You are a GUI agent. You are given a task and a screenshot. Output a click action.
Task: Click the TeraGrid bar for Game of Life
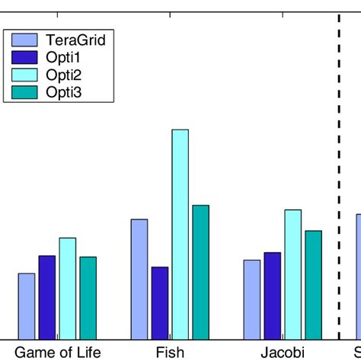27,306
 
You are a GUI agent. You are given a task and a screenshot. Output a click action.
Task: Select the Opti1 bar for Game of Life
47,297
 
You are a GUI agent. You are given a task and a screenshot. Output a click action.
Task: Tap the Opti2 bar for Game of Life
68,289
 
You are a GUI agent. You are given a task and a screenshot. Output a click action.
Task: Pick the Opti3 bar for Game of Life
88,298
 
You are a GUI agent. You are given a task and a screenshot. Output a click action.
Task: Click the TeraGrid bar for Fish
139,279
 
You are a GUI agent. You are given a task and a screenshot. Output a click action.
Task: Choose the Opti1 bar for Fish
160,303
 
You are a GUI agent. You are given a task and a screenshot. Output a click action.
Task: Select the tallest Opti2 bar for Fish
180,234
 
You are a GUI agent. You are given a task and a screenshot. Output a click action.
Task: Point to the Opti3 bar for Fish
200,272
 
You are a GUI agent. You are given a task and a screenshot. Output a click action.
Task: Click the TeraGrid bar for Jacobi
252,299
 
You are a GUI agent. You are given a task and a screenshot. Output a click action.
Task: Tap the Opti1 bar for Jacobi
272,296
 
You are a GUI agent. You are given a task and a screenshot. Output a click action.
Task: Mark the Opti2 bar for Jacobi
292,274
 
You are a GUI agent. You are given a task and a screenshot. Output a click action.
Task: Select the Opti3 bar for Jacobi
313,285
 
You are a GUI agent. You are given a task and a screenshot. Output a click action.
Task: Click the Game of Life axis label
58,352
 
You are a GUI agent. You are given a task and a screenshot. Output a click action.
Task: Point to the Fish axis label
170,352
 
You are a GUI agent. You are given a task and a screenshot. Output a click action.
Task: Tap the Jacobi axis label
282,352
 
